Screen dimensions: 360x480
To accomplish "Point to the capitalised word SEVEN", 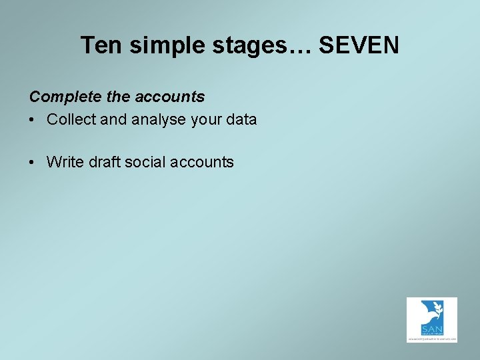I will (359, 45).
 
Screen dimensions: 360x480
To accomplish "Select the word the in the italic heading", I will (119, 97).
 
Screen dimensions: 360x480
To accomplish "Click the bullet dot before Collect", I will (33, 120).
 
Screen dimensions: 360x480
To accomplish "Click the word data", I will (241, 120).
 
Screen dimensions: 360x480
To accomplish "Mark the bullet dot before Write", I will (33, 162).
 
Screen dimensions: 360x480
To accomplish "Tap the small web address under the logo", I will (432, 339).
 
